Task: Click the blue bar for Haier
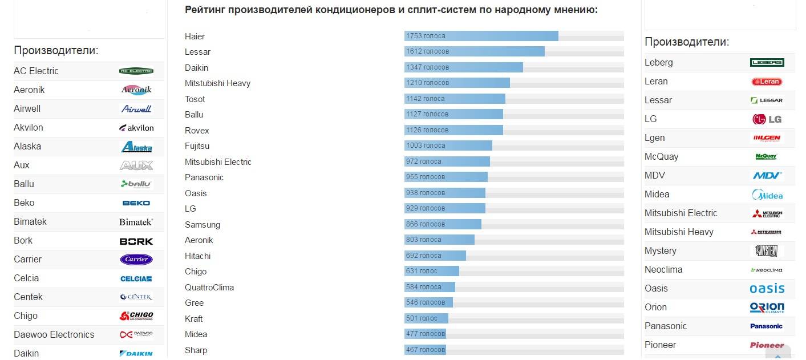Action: pyautogui.click(x=481, y=36)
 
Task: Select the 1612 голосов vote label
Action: pyautogui.click(x=427, y=51)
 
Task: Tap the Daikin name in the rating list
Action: pyautogui.click(x=196, y=67)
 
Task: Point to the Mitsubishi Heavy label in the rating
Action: pyautogui.click(x=217, y=83)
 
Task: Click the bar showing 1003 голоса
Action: pyautogui.click(x=448, y=145)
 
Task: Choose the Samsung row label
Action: pyautogui.click(x=202, y=225)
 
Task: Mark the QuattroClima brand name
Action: pyautogui.click(x=209, y=288)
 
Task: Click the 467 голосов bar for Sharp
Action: pyautogui.click(x=425, y=350)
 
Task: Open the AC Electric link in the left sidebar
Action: pyautogui.click(x=36, y=71)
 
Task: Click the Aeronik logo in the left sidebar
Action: pyautogui.click(x=136, y=90)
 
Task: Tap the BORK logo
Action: pyautogui.click(x=136, y=241)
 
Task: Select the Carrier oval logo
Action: pyautogui.click(x=136, y=260)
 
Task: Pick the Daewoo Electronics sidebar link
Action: pyautogui.click(x=54, y=335)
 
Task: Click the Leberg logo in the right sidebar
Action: pyautogui.click(x=767, y=63)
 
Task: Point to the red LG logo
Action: pyautogui.click(x=767, y=119)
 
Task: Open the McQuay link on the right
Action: pyautogui.click(x=661, y=157)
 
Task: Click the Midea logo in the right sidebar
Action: pyautogui.click(x=767, y=195)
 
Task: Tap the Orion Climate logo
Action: pyautogui.click(x=767, y=308)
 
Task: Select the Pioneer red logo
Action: pyautogui.click(x=767, y=345)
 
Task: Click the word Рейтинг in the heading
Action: pyautogui.click(x=204, y=10)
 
